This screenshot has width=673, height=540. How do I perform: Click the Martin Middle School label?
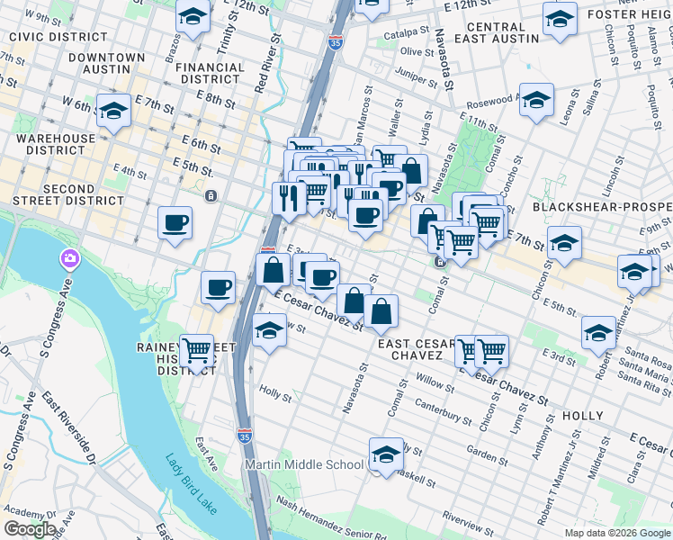click(x=306, y=464)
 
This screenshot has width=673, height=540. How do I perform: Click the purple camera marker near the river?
click(x=70, y=260)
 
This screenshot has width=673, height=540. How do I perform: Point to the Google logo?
click(x=30, y=529)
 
